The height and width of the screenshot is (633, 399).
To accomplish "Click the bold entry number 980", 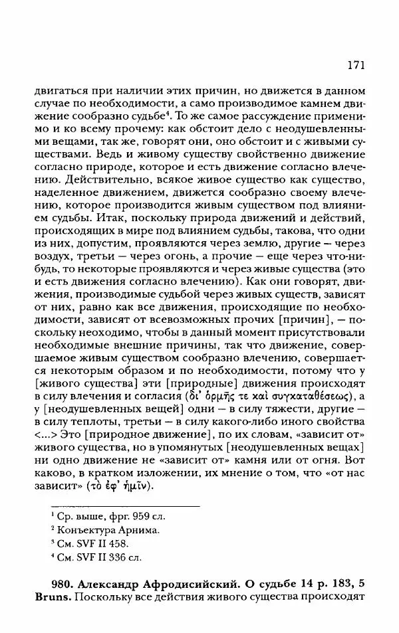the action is click(x=63, y=584).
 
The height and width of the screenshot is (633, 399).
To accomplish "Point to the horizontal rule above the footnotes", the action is click(x=125, y=505).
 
